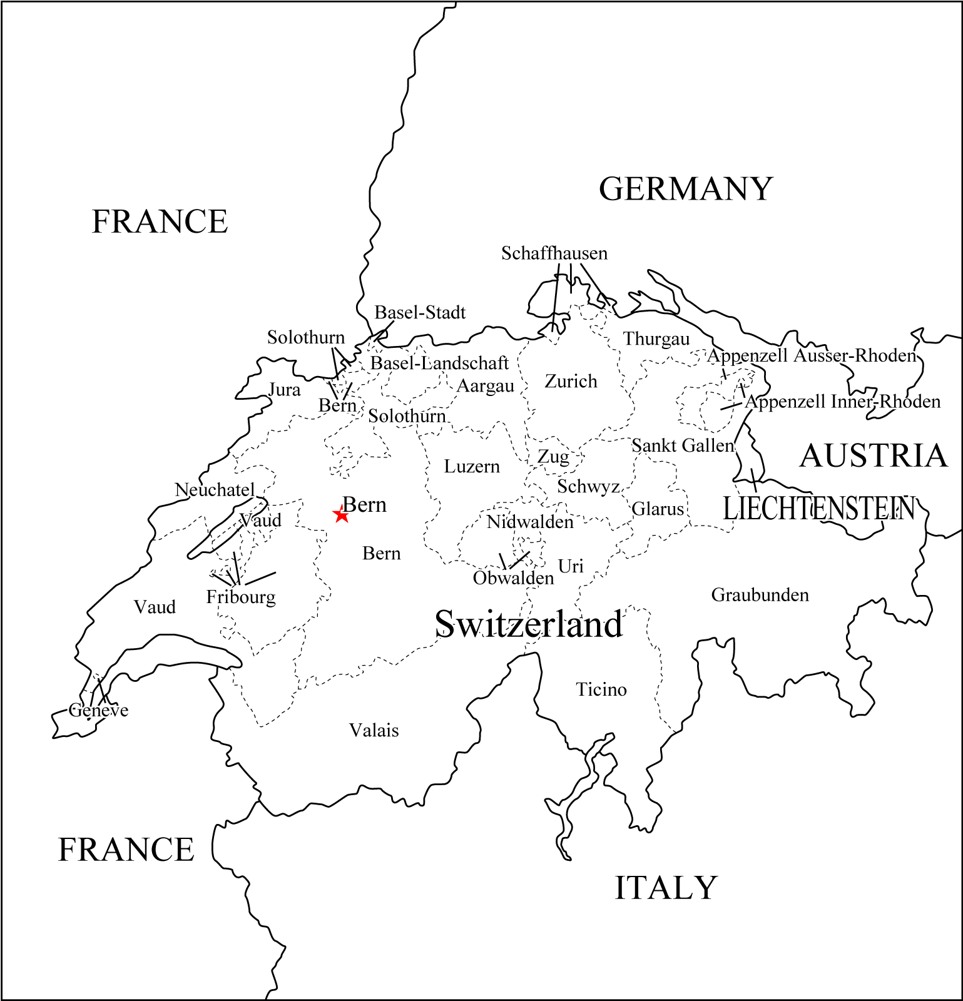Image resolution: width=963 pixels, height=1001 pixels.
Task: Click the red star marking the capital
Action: tap(341, 516)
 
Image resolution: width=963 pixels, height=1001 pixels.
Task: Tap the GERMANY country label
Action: tap(686, 189)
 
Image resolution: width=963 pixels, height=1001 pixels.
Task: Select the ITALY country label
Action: tap(665, 888)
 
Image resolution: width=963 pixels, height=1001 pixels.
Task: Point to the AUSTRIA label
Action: tap(874, 455)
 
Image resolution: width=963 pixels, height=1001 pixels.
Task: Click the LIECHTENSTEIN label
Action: tap(818, 509)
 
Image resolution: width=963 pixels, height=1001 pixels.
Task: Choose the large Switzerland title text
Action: tap(529, 624)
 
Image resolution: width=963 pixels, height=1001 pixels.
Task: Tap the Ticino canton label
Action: tap(601, 689)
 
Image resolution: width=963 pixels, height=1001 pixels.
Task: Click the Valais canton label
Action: tap(374, 730)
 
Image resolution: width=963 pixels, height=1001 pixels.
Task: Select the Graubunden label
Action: tap(760, 595)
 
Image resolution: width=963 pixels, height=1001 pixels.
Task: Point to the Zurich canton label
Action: tap(571, 381)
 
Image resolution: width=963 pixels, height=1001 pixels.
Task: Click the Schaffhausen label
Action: tap(554, 253)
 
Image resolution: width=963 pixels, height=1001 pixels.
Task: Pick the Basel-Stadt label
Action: tap(420, 312)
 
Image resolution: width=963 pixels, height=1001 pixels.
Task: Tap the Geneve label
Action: tap(99, 711)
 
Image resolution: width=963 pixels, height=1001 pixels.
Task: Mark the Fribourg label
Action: tap(241, 597)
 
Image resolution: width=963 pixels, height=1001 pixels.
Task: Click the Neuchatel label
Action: tap(215, 490)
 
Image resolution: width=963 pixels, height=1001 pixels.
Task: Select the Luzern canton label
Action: tap(472, 467)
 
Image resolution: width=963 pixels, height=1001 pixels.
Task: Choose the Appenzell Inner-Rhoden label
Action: tap(842, 402)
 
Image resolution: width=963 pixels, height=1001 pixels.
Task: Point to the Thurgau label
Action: tap(656, 339)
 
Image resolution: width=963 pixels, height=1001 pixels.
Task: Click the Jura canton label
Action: tap(285, 390)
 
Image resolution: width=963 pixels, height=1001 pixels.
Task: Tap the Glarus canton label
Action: tap(658, 509)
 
